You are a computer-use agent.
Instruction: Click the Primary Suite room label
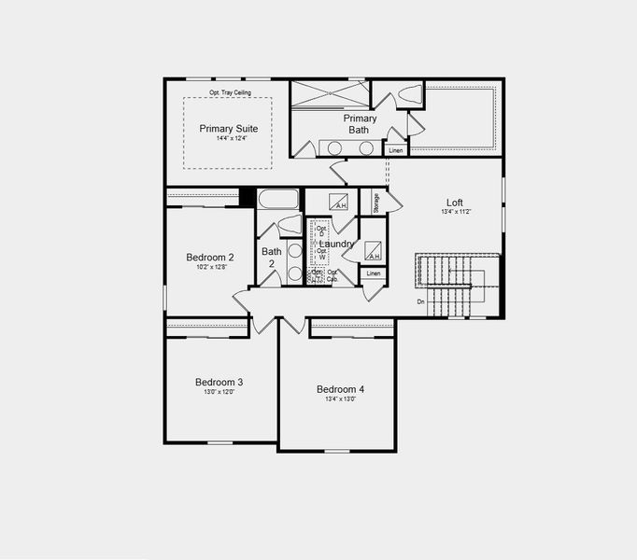[x=228, y=129]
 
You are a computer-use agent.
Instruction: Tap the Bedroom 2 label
[x=209, y=258]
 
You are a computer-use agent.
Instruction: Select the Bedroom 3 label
[x=219, y=382]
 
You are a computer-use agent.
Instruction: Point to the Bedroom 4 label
[x=340, y=389]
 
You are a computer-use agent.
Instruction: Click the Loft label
[x=455, y=203]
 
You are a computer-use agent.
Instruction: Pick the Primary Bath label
[x=361, y=124]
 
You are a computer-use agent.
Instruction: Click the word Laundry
[x=338, y=245]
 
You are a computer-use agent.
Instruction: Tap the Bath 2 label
[x=272, y=258]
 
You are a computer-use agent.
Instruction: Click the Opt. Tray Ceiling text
[x=229, y=92]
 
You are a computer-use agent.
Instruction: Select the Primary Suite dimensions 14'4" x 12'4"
[x=228, y=139]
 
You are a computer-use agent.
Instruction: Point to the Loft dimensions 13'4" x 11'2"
[x=456, y=213]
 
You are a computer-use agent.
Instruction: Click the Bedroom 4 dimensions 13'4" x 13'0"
[x=340, y=399]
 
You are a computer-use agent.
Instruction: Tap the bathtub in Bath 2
[x=277, y=199]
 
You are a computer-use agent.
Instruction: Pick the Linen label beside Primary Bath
[x=395, y=150]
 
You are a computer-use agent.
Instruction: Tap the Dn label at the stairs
[x=421, y=301]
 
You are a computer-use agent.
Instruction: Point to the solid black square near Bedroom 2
[x=248, y=198]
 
